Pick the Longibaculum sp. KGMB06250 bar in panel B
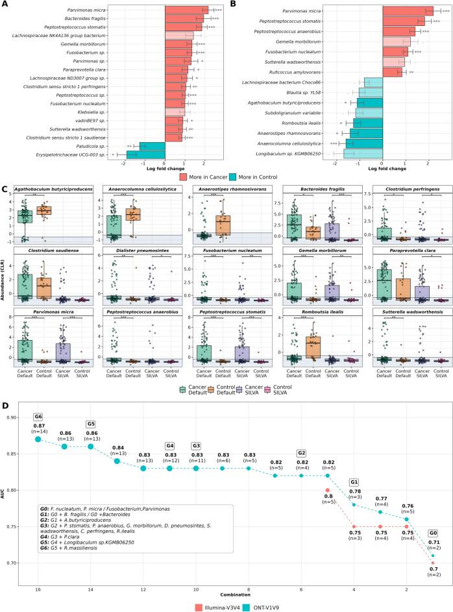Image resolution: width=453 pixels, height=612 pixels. click(363, 153)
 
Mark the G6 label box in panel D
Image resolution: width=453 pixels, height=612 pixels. click(38, 435)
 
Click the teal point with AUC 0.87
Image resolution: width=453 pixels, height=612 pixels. click(38, 457)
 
